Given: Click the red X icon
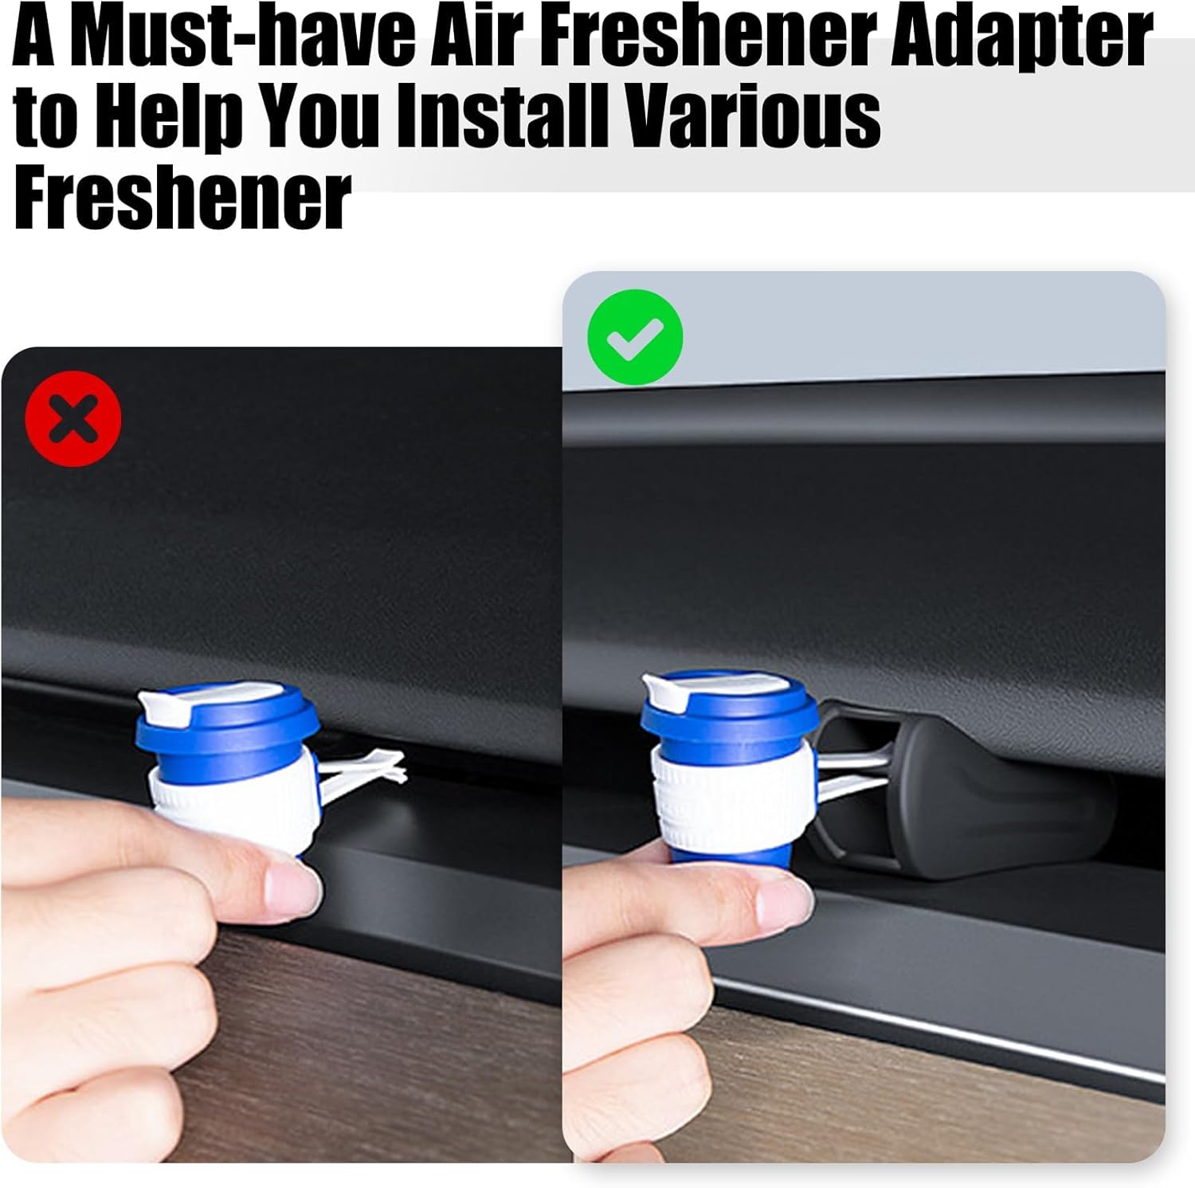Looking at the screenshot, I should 73,420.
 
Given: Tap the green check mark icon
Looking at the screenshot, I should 635,338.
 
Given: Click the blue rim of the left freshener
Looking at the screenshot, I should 239,721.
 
